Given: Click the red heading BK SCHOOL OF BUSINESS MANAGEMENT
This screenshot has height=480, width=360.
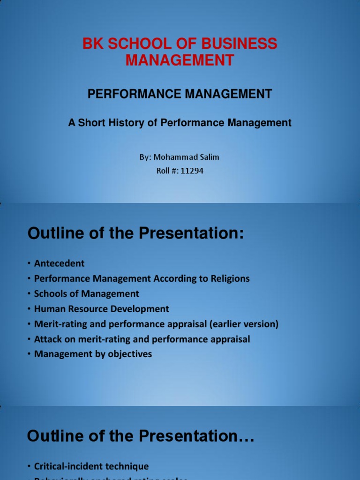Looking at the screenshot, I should coord(180,52).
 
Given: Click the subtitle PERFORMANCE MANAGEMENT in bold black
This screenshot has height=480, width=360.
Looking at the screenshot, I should coord(180,94).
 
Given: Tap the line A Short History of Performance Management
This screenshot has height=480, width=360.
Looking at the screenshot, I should coord(180,123).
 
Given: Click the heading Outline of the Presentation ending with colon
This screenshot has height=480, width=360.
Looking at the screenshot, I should coord(136,233).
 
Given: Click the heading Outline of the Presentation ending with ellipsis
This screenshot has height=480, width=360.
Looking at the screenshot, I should coord(141,436).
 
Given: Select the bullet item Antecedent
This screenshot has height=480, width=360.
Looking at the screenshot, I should coord(59,263).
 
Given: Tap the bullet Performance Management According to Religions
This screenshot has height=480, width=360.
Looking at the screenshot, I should coord(142,278).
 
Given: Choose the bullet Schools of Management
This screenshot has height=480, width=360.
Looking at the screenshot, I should coord(86,294).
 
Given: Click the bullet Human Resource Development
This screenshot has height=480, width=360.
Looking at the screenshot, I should coord(101,309).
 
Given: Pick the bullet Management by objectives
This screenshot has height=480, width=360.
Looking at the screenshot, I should coord(93,354).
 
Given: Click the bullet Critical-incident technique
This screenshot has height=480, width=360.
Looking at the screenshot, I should coord(91,466).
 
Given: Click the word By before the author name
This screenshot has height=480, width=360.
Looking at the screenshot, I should coord(144,157).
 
